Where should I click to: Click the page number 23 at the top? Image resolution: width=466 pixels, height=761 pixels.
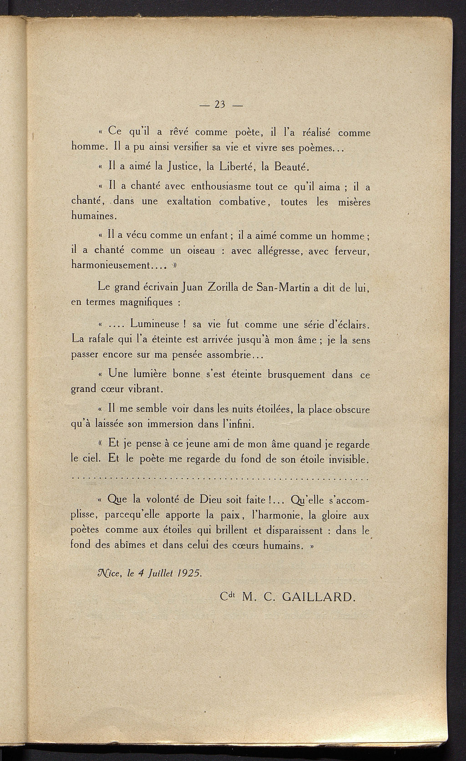coord(221,105)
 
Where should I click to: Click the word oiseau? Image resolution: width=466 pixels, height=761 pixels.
coord(199,251)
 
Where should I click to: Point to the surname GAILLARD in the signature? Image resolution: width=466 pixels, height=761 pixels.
coord(318,597)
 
